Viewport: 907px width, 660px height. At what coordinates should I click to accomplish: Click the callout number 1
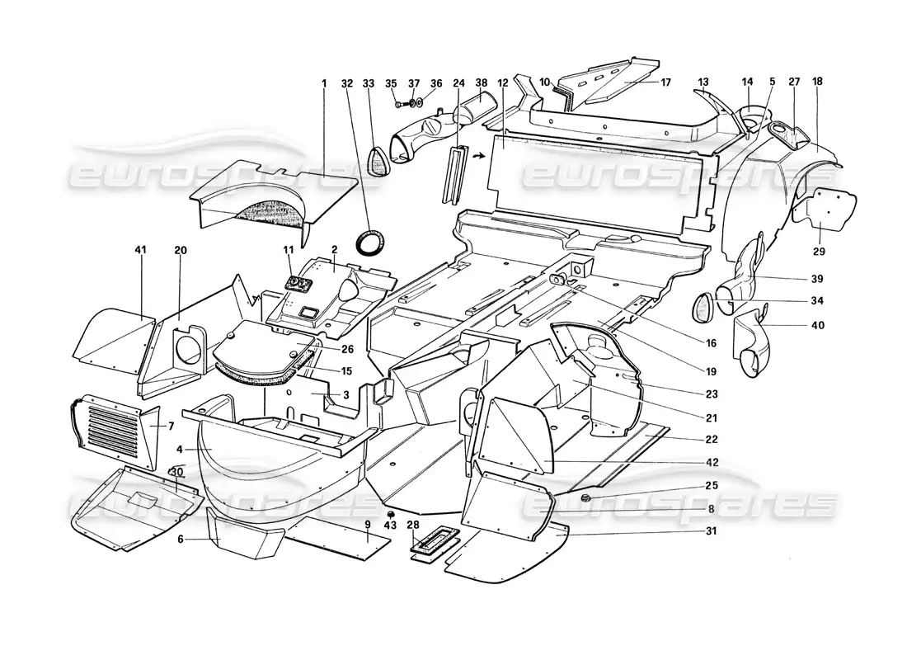click(x=325, y=83)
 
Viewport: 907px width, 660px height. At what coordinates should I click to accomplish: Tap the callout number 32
click(x=347, y=83)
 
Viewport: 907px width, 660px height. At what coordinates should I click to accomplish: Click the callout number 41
click(x=140, y=250)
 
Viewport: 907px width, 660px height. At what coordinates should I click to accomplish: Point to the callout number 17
click(x=665, y=82)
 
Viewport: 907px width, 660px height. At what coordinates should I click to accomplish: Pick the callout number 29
click(x=819, y=252)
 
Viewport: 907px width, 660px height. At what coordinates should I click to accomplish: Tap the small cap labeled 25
click(x=585, y=498)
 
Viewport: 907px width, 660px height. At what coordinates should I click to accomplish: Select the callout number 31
click(x=712, y=530)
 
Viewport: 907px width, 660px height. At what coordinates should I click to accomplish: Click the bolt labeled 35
click(x=400, y=104)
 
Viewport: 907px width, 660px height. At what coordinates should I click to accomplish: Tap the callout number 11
click(x=289, y=250)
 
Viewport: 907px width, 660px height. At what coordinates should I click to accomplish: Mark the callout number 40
click(x=817, y=325)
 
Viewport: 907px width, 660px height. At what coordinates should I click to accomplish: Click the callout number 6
click(x=181, y=539)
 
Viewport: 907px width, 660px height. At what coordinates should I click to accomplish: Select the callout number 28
click(x=413, y=525)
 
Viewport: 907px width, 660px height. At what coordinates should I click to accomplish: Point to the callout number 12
click(x=503, y=83)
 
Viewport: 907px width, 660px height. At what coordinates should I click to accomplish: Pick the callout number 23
click(x=712, y=394)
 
